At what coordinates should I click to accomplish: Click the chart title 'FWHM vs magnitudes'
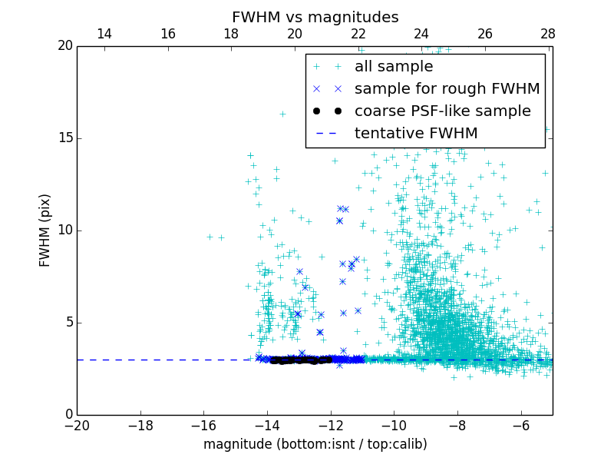pyautogui.click(x=315, y=17)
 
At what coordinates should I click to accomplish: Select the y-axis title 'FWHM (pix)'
pyautogui.click(x=45, y=230)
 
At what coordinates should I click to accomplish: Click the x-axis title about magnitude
pyautogui.click(x=315, y=444)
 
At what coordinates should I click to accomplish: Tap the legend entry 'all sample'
pyautogui.click(x=394, y=67)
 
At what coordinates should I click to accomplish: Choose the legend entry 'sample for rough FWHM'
pyautogui.click(x=447, y=89)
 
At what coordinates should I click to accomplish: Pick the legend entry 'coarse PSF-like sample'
pyautogui.click(x=442, y=111)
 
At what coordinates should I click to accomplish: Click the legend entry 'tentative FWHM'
pyautogui.click(x=416, y=134)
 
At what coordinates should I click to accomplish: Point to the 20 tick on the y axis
pyautogui.click(x=64, y=46)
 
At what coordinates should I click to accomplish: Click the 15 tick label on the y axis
pyautogui.click(x=64, y=138)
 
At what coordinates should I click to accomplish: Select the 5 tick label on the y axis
pyautogui.click(x=68, y=322)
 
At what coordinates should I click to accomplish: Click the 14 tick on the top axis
pyautogui.click(x=104, y=34)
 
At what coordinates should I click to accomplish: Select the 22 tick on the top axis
pyautogui.click(x=358, y=34)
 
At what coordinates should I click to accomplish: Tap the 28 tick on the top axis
pyautogui.click(x=548, y=34)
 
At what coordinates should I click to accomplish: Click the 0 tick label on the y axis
pyautogui.click(x=68, y=415)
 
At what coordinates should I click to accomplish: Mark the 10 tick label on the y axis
pyautogui.click(x=64, y=230)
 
